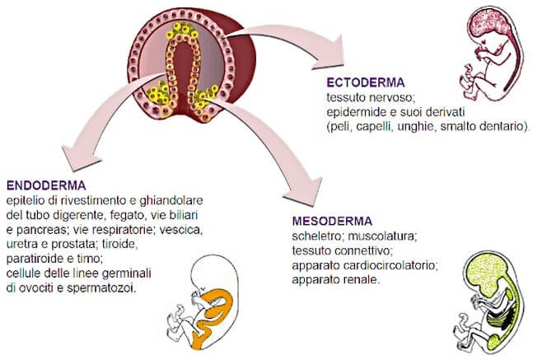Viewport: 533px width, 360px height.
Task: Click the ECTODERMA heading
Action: (366, 82)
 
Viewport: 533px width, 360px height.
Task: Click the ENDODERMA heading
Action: (46, 185)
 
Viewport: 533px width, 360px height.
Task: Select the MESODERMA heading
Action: (332, 222)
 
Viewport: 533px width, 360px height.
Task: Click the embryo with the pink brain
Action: (490, 54)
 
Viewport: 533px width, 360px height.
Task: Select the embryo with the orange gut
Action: (203, 302)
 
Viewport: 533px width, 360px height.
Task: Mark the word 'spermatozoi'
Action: (101, 288)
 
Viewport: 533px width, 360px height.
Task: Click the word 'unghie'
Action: (416, 127)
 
